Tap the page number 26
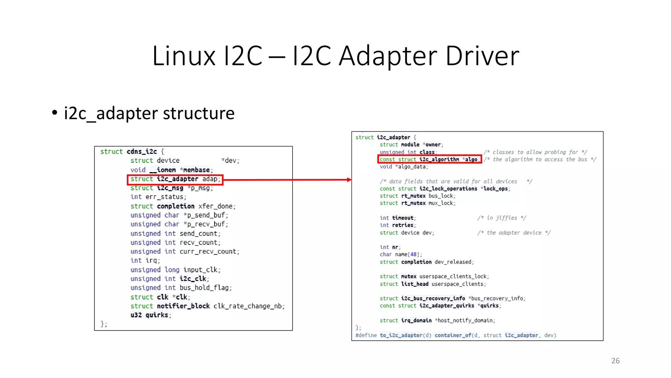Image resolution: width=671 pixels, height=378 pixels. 615,361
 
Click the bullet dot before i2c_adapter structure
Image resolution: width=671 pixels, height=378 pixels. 55,113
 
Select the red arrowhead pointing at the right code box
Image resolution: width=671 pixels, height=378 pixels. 349,180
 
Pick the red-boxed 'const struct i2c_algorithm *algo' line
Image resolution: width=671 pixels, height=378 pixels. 430,159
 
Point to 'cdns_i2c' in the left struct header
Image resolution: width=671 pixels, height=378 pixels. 142,152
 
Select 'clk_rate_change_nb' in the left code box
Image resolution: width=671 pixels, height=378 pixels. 249,306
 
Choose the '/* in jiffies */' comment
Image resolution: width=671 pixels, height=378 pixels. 502,218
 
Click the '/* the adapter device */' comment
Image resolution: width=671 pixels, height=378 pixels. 514,233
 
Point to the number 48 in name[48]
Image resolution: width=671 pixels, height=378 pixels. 413,255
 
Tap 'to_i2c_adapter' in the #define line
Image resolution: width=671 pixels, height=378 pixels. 401,335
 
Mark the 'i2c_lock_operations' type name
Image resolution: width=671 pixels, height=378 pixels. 448,189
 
